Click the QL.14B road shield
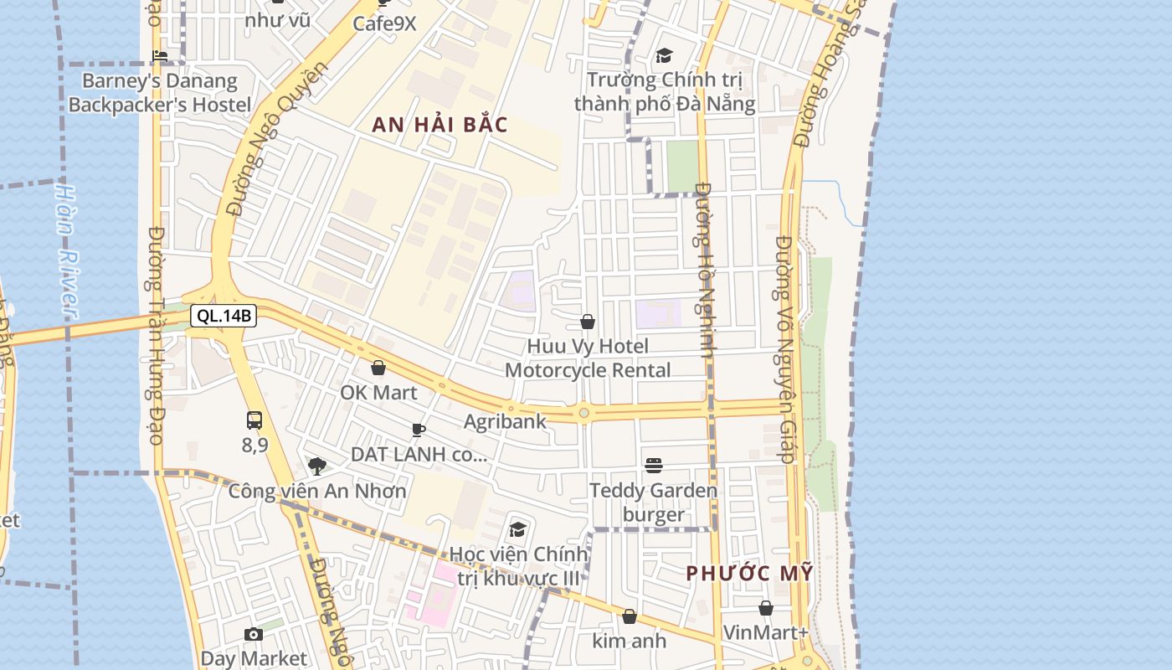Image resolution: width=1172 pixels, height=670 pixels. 223,316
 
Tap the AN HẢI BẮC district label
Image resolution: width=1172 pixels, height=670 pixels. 439,125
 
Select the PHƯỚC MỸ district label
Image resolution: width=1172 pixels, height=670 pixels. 749,574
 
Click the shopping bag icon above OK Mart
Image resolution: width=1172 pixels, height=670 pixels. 378,368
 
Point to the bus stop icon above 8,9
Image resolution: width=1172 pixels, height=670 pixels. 254,420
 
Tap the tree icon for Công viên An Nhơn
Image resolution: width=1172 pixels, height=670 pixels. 316,466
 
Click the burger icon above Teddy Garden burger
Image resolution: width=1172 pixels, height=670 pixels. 654,466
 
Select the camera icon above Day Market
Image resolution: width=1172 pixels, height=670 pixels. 254,635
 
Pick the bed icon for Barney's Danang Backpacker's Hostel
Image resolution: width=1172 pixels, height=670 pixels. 160,57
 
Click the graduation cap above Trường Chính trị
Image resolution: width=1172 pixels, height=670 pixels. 664,55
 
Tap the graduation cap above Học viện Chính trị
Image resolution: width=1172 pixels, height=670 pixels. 518,529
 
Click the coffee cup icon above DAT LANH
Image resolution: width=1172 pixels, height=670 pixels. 419,430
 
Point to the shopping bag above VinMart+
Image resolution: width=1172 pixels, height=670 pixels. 766,608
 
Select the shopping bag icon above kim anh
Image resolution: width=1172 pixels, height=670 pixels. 630,616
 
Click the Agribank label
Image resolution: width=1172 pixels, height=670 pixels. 505,421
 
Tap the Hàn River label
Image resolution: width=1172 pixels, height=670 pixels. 67,251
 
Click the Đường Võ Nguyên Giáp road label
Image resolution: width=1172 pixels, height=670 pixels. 784,349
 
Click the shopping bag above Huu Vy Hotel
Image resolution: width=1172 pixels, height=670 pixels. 588,322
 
